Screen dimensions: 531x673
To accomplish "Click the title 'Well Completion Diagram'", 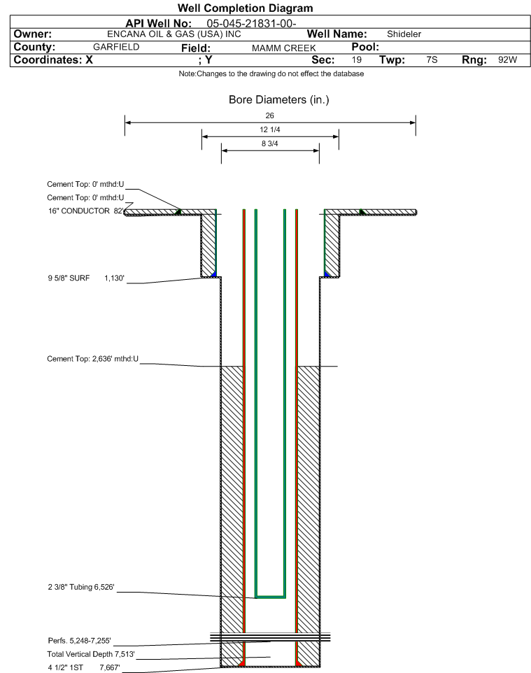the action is (245, 8).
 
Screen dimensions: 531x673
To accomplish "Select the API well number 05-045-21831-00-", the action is (252, 24).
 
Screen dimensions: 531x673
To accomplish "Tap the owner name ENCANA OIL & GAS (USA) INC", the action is (174, 34).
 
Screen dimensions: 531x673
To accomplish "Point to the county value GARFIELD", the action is (116, 47).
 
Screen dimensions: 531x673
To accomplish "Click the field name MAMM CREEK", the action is (284, 48).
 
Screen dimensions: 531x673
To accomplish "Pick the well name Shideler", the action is (404, 34).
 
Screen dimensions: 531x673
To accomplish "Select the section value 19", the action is (357, 59).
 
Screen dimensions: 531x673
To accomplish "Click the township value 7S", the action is (432, 59).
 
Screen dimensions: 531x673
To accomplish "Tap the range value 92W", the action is (507, 59).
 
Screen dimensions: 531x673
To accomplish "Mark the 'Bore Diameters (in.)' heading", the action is (278, 100).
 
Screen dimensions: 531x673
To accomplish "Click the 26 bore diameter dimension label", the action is (269, 115).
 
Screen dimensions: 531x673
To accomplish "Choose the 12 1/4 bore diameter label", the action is (270, 129).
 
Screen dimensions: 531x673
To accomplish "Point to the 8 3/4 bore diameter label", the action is (269, 144).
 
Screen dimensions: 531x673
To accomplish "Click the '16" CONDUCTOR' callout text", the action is (79, 211).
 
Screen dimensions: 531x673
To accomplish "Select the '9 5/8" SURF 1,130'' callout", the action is (86, 278).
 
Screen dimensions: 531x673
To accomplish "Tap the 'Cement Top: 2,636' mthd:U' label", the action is (93, 359).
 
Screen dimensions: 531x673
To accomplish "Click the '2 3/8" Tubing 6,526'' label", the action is (81, 587).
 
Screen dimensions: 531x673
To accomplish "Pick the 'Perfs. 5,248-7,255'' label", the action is (80, 641).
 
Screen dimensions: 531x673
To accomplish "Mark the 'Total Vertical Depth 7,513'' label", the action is (91, 654).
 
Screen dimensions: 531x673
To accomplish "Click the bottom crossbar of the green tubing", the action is (271, 597).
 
